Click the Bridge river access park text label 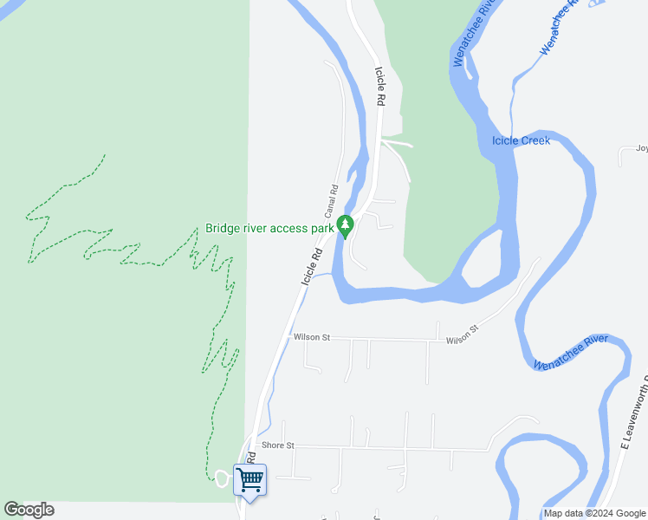click(269, 229)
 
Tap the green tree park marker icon click(346, 226)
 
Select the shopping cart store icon click(250, 479)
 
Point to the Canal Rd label click(331, 201)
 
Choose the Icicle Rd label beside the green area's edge click(379, 87)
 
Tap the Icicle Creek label click(521, 140)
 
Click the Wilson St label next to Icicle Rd click(312, 337)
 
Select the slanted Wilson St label click(463, 335)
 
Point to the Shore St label click(278, 445)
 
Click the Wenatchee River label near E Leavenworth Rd click(571, 354)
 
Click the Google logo click(29, 510)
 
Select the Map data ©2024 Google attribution click(595, 514)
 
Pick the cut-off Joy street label click(641, 148)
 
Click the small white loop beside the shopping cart click(221, 478)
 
